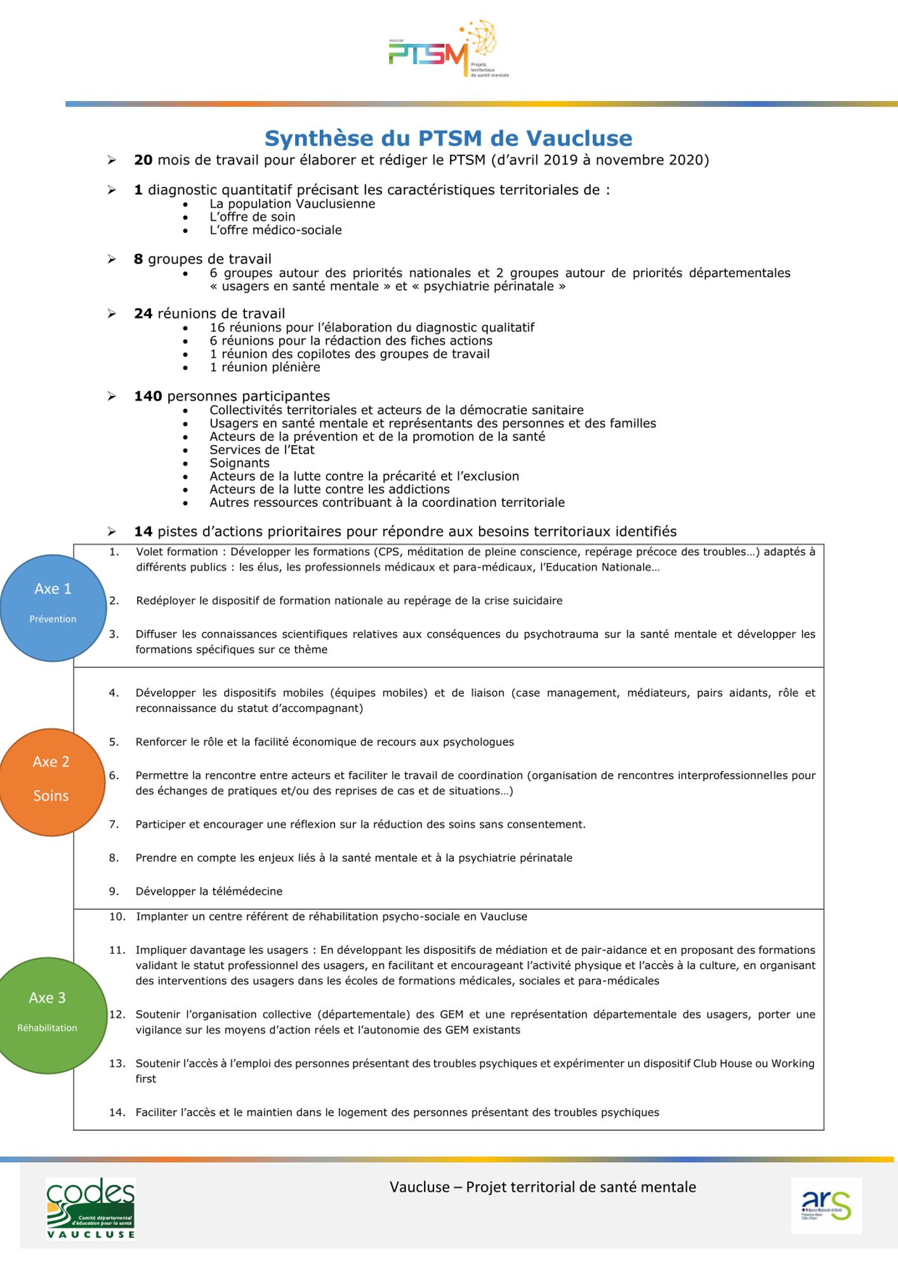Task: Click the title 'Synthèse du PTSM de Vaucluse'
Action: point(448,138)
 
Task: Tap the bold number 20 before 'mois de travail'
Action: point(143,160)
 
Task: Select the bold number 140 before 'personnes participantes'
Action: point(148,396)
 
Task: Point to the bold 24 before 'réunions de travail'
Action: point(143,314)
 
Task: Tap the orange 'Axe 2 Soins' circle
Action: point(51,782)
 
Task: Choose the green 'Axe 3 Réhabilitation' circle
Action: point(48,1015)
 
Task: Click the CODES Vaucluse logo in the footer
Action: point(91,1208)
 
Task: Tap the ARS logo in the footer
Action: point(826,1206)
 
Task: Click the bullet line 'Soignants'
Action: point(239,464)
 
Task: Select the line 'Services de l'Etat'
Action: point(262,450)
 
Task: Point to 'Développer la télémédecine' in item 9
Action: point(209,892)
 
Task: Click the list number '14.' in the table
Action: point(117,1113)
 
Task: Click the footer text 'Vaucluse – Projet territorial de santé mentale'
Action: point(543,1187)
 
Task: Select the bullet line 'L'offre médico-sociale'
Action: point(275,231)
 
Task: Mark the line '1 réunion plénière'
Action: point(265,368)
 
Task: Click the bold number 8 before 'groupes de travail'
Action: point(138,259)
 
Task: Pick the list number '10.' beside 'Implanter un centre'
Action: point(117,917)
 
